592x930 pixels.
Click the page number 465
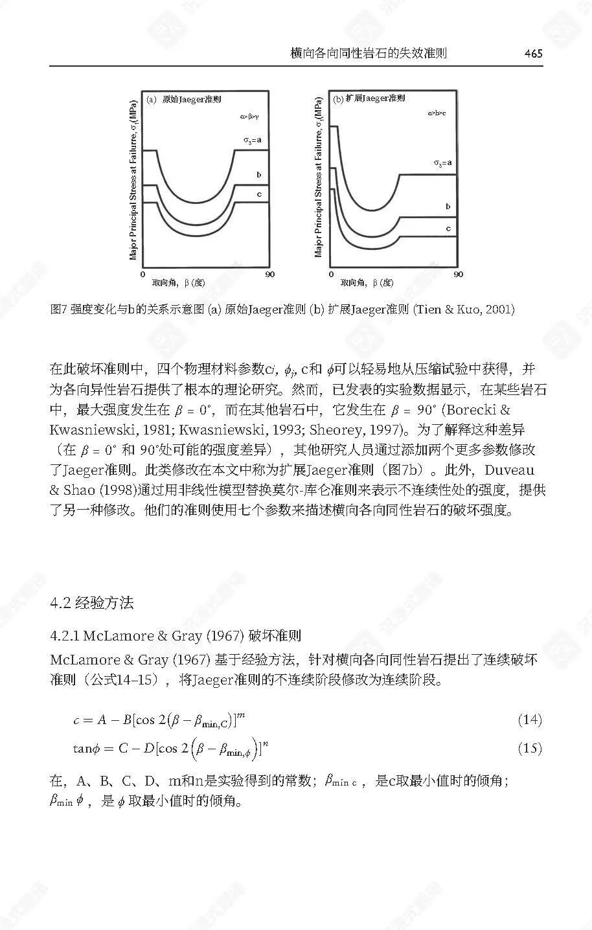click(x=533, y=54)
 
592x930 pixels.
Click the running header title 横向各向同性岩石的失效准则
click(x=369, y=54)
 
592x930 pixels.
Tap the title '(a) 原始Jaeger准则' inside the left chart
click(x=185, y=100)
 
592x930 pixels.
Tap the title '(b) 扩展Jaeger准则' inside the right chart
click(x=369, y=98)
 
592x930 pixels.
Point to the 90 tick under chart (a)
click(x=269, y=275)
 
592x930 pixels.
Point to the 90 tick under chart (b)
click(x=459, y=275)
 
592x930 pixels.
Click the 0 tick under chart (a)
click(x=142, y=275)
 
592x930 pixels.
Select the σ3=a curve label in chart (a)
click(x=252, y=139)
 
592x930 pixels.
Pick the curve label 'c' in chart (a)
click(x=258, y=194)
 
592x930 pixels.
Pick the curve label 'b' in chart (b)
click(x=448, y=207)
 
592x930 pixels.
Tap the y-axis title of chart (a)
click(x=133, y=180)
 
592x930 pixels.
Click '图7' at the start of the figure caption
click(x=59, y=309)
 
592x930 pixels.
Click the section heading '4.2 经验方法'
click(x=91, y=603)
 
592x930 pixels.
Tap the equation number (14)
click(x=529, y=720)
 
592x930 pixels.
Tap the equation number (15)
click(x=529, y=749)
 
